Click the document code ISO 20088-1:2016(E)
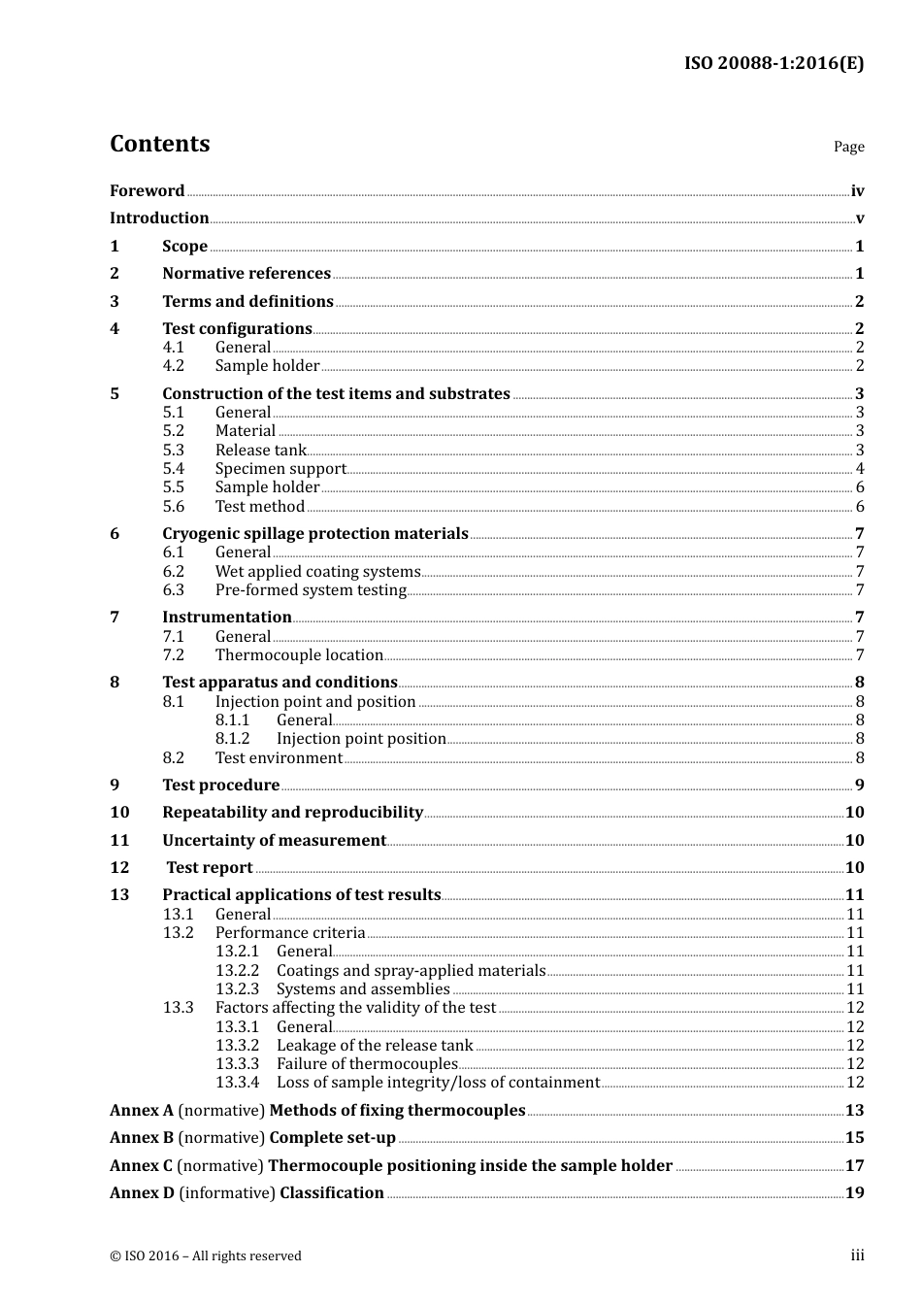point(774,64)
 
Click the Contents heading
point(159,144)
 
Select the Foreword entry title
point(147,191)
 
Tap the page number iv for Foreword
point(857,191)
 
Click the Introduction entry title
point(159,218)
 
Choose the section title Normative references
point(247,274)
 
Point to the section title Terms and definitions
point(247,302)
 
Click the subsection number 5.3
point(173,451)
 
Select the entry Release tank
point(260,451)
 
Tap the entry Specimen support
point(280,469)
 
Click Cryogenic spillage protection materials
point(314,534)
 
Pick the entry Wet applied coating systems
point(317,572)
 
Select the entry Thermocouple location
point(299,655)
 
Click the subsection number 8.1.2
point(233,739)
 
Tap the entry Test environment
point(279,758)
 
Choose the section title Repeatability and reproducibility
point(292,813)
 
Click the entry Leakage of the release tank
point(375,1046)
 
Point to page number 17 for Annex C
point(854,1166)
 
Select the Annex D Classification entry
point(247,1193)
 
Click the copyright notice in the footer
point(206,1256)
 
